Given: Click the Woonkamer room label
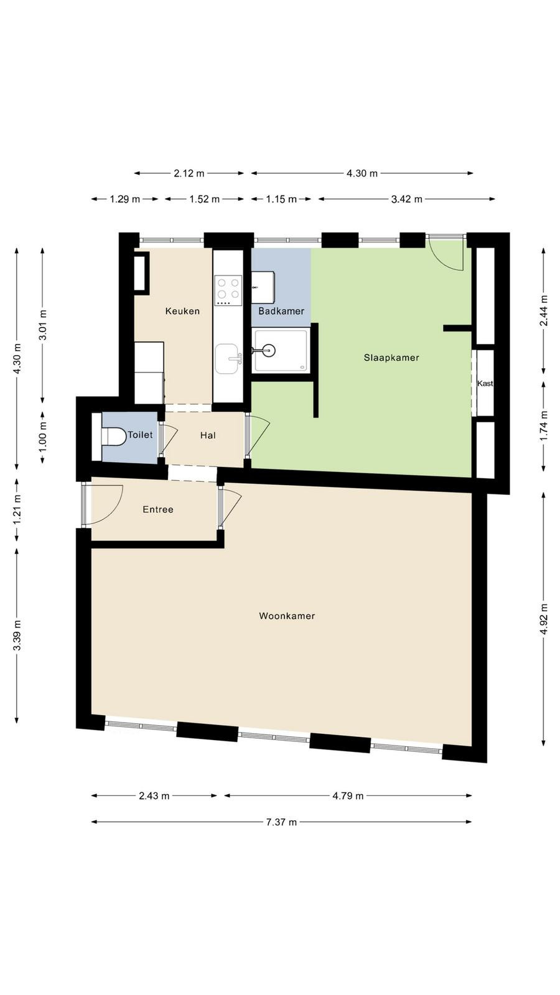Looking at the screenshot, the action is [x=287, y=616].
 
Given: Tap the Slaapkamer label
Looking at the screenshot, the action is [x=391, y=358].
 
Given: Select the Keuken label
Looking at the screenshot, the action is [x=182, y=311].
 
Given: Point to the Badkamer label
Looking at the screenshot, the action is [x=281, y=311].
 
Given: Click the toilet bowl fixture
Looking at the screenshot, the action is [x=114, y=436].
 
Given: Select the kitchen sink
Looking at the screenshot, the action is [x=228, y=359].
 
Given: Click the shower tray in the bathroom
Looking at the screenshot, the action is [x=281, y=351].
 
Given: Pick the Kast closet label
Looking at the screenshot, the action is [x=485, y=383].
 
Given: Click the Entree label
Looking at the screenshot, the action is [x=158, y=509].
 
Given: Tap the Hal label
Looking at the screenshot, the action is [x=208, y=435].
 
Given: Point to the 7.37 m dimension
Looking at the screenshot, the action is [x=281, y=821].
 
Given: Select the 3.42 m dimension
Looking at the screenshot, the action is [x=407, y=199].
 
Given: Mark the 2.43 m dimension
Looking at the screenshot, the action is [x=154, y=795].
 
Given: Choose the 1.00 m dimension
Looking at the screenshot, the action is [x=43, y=438].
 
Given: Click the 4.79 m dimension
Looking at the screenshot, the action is [x=348, y=795].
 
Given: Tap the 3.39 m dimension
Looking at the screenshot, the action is [x=17, y=635].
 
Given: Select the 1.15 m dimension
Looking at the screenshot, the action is [x=281, y=199].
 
